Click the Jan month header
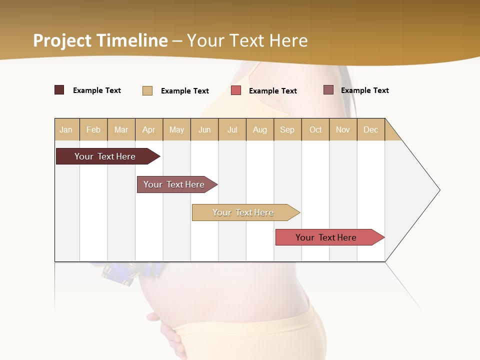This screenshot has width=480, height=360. click(66, 129)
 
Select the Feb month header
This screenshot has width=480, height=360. click(93, 129)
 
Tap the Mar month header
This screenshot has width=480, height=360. click(121, 129)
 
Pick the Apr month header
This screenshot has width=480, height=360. click(149, 129)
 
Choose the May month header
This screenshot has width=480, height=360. click(176, 129)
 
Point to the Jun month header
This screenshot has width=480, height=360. click(204, 129)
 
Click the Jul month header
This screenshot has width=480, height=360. click(232, 129)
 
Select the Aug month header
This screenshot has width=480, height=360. click(260, 129)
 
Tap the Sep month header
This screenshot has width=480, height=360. click(287, 129)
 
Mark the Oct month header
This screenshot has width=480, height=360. click(315, 129)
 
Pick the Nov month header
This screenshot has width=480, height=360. click(343, 129)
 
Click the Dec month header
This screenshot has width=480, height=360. click(371, 129)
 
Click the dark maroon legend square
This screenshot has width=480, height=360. click(59, 90)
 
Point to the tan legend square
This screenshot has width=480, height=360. click(147, 90)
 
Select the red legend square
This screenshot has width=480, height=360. click(236, 90)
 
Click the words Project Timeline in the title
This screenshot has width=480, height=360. click(100, 40)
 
